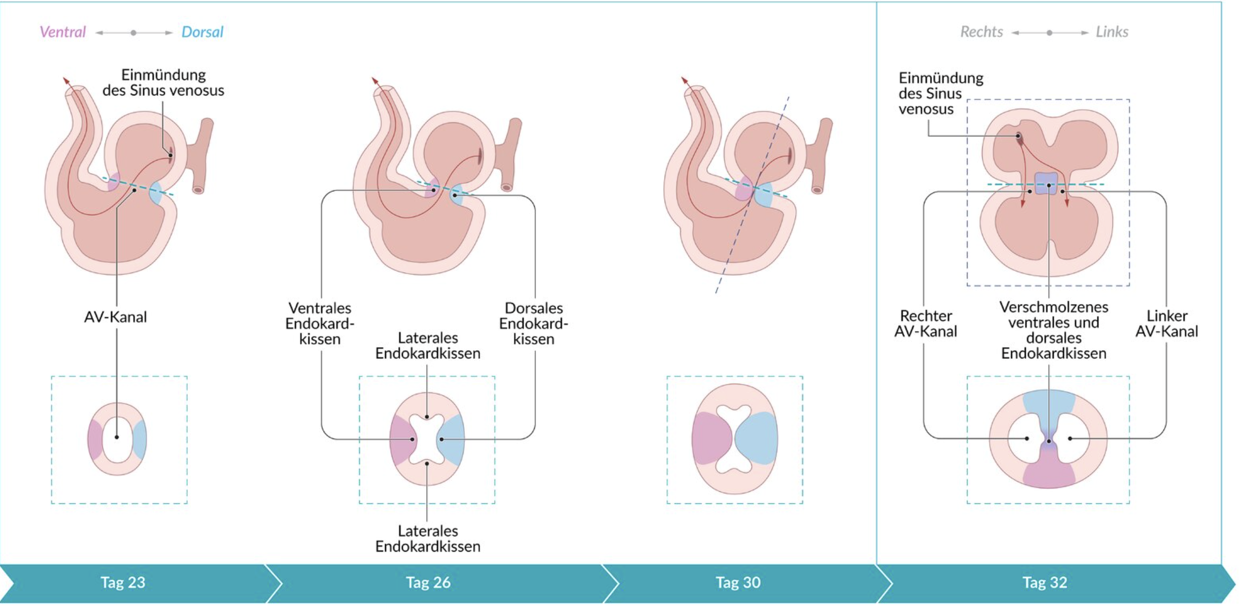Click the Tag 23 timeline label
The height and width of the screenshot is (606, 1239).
[x=123, y=582]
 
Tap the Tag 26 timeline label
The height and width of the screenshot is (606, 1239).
[x=428, y=582]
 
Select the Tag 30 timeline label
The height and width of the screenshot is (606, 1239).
[x=738, y=582]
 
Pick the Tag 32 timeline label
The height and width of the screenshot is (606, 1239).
[x=1045, y=582]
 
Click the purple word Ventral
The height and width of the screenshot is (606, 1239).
[x=62, y=32]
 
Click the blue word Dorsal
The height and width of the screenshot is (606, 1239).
[x=202, y=32]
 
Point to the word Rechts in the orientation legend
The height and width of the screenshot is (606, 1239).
[x=981, y=32]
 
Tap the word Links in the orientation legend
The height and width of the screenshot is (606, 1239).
[x=1112, y=32]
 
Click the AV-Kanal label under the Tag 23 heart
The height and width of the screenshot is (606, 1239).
[x=116, y=317]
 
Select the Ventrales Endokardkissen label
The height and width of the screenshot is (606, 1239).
[x=320, y=323]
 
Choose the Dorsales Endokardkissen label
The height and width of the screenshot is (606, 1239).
[x=533, y=323]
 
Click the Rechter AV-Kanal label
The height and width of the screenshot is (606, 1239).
[x=925, y=323]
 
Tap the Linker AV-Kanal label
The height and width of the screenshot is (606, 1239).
[x=1166, y=323]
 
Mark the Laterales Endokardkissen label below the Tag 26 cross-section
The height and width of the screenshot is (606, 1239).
[x=428, y=538]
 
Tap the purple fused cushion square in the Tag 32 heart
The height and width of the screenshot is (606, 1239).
[x=1047, y=183]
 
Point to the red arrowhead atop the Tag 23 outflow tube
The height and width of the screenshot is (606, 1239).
[x=65, y=80]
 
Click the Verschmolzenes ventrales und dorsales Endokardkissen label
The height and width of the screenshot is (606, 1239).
[x=1053, y=330]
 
